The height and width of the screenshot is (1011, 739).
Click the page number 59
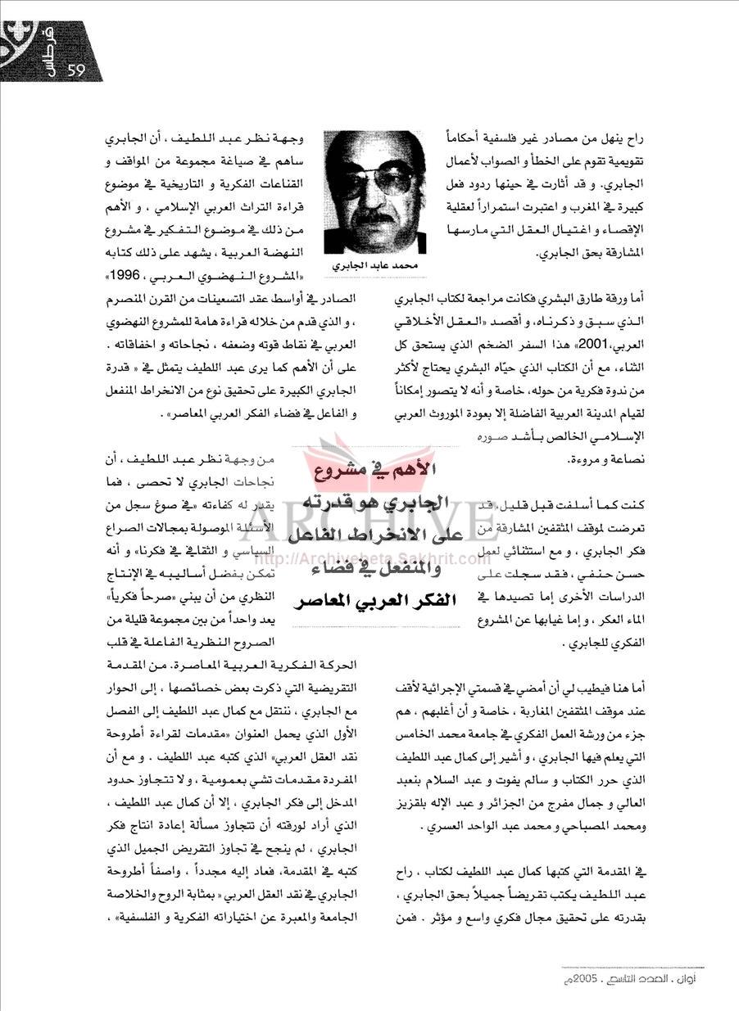click(x=79, y=70)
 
